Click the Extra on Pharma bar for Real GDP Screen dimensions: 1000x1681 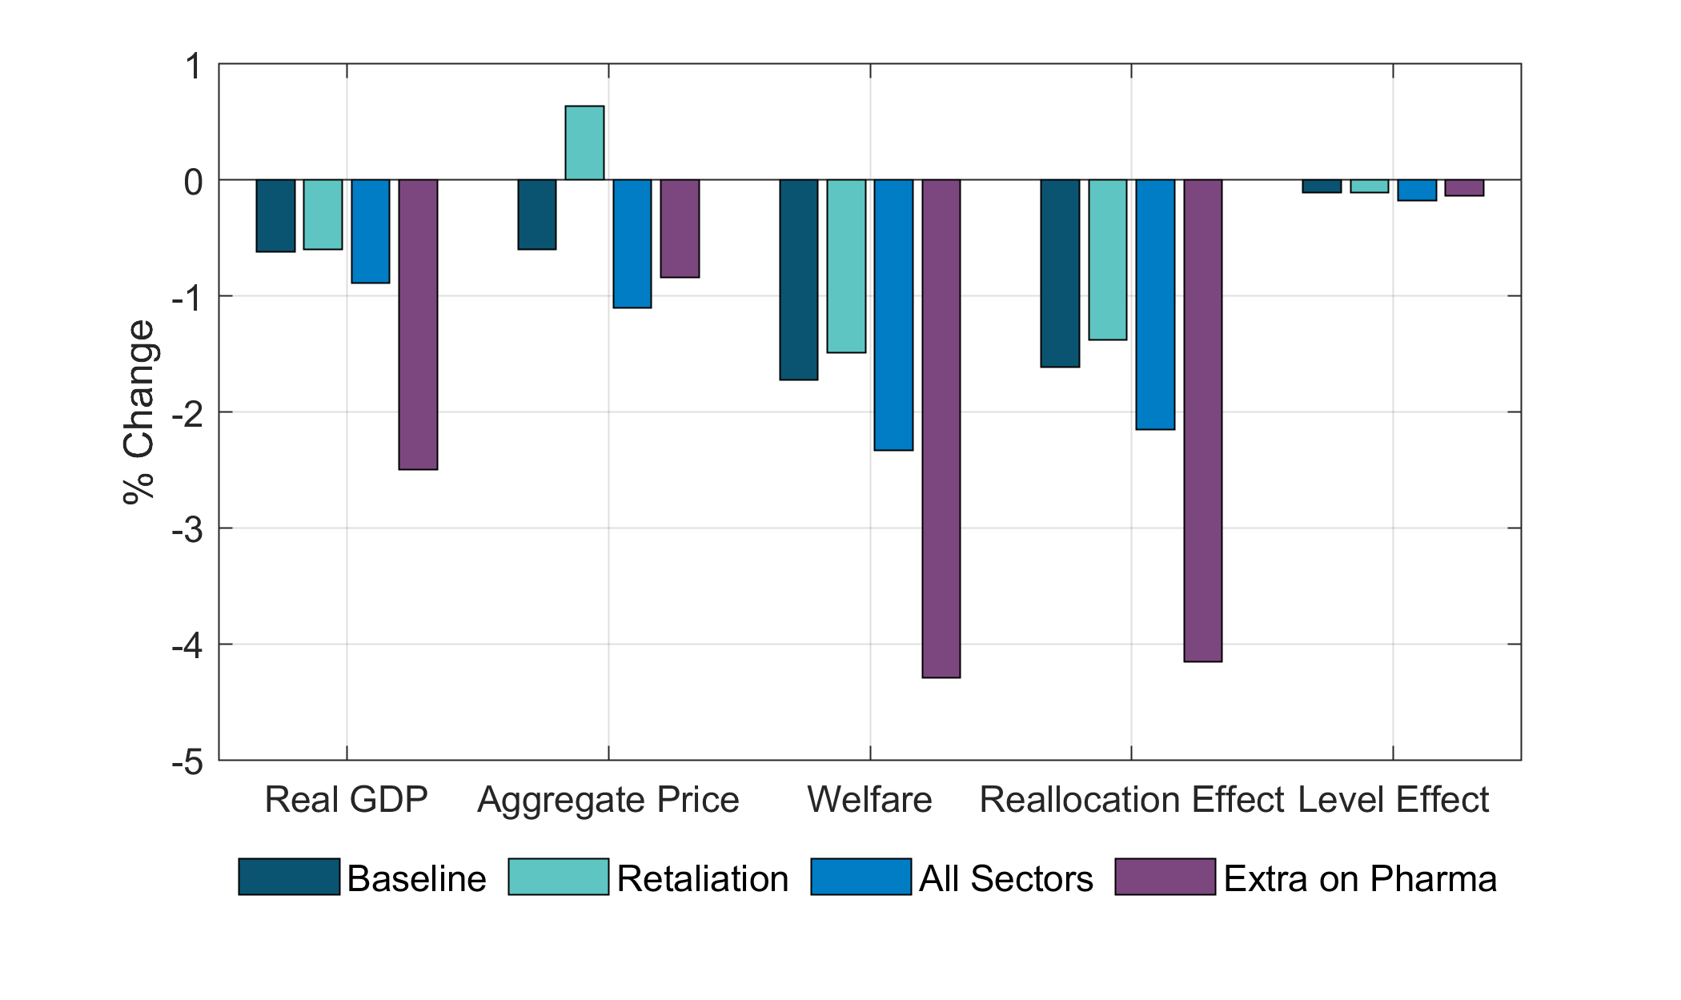[418, 324]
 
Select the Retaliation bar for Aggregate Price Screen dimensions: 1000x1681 [584, 143]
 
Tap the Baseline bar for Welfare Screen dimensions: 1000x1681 [799, 279]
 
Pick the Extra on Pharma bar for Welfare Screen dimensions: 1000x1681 [941, 428]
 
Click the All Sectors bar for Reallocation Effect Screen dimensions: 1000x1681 [1155, 304]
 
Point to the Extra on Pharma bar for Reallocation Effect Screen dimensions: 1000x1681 [1203, 420]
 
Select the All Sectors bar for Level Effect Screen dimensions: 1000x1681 [1417, 190]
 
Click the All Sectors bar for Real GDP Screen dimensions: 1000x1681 [371, 231]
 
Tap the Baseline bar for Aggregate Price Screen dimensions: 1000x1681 [537, 215]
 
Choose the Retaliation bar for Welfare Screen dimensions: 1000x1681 [846, 266]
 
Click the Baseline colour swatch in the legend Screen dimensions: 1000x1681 [289, 877]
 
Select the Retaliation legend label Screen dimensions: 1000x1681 [702, 878]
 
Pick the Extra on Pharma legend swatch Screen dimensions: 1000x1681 [1165, 877]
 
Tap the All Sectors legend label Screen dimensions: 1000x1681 [1005, 878]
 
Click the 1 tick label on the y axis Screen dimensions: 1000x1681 [193, 66]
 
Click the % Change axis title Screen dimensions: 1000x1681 [139, 412]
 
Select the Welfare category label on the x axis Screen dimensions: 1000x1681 [869, 800]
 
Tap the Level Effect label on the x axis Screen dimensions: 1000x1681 [1393, 800]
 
